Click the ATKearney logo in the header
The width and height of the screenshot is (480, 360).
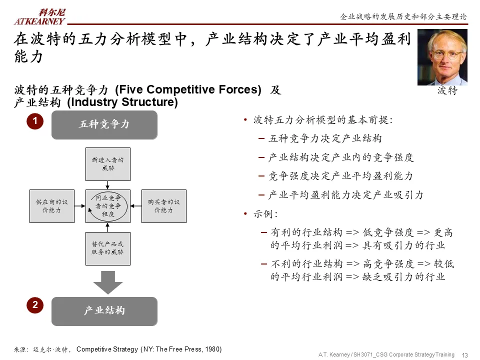[x=39, y=17]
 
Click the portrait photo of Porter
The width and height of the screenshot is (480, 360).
[x=442, y=57]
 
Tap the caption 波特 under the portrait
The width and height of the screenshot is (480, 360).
[x=447, y=90]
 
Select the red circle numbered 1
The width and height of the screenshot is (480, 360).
[x=35, y=121]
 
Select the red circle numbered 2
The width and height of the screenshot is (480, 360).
[x=35, y=305]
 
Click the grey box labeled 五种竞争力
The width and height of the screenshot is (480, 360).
[x=104, y=124]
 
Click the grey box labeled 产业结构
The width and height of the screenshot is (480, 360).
[x=104, y=311]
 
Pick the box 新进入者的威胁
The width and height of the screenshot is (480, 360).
[x=107, y=164]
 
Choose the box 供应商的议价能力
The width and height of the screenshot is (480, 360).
[x=52, y=206]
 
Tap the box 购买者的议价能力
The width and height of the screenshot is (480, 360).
[x=163, y=206]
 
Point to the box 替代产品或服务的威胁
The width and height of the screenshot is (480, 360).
[x=107, y=248]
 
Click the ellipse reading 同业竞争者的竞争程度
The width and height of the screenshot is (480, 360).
[x=108, y=206]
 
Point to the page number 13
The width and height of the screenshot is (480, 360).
[x=464, y=355]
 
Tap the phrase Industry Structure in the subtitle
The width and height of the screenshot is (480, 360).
[x=122, y=102]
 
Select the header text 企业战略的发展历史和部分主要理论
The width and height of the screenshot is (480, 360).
[x=403, y=16]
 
